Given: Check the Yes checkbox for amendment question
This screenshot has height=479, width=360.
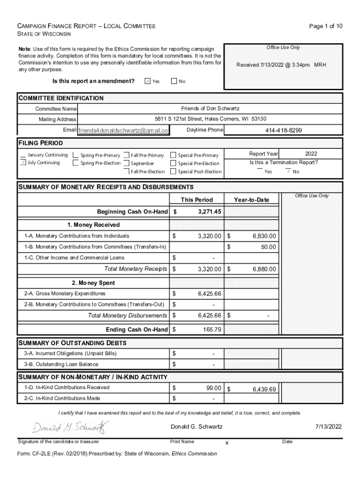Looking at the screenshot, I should pos(147,81).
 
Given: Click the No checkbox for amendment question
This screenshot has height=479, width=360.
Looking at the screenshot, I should pos(174,81).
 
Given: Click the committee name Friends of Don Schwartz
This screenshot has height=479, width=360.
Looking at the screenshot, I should pos(210,109).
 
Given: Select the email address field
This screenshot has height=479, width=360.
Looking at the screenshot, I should pos(123,131).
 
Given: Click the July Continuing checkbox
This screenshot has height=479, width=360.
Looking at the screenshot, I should pos(23,163).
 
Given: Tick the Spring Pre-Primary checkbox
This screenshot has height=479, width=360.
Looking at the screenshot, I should pos(76,155).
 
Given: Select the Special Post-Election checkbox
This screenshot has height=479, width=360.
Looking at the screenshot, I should pos(173,172).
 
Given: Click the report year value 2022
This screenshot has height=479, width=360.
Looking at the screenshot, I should pos(311,153).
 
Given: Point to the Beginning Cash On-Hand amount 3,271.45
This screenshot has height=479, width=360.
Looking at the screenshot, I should pos(209,212).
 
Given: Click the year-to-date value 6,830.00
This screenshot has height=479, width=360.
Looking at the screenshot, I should pos(264,236).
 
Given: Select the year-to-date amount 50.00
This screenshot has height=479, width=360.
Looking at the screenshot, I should pos(268,247).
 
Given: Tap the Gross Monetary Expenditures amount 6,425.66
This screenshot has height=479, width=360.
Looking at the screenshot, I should pos(209,294).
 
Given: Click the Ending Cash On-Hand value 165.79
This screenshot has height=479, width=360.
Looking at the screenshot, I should pos(212,330).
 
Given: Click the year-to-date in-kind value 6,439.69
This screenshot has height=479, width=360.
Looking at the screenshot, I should pos(265,389).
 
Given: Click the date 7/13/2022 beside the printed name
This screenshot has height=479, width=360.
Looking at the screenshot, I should pos(328,427).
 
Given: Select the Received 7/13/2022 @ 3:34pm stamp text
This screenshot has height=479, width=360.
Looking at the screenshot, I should pos(281,65).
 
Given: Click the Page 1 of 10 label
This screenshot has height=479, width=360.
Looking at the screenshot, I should pos(326,26).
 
